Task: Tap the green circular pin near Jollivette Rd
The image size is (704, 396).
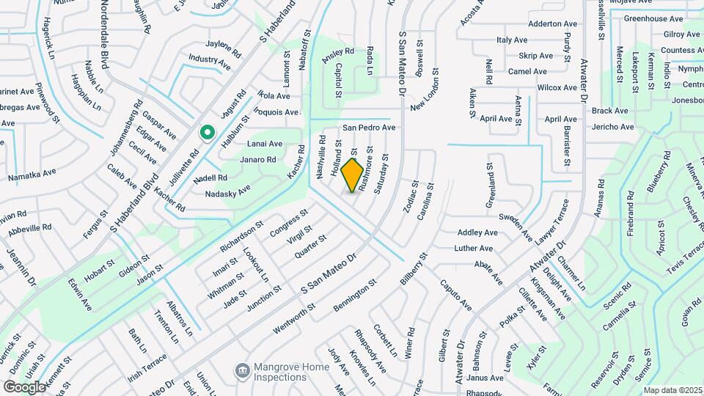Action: (207, 133)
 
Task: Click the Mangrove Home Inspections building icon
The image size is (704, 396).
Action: (240, 372)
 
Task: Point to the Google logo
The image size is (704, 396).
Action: (23, 386)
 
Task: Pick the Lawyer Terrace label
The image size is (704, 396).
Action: (551, 226)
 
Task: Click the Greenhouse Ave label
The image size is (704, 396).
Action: (653, 18)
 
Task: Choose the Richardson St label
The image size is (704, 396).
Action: (240, 237)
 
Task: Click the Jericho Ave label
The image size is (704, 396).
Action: (612, 127)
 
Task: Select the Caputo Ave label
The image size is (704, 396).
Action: (455, 292)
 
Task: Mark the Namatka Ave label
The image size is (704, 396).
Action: (32, 175)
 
